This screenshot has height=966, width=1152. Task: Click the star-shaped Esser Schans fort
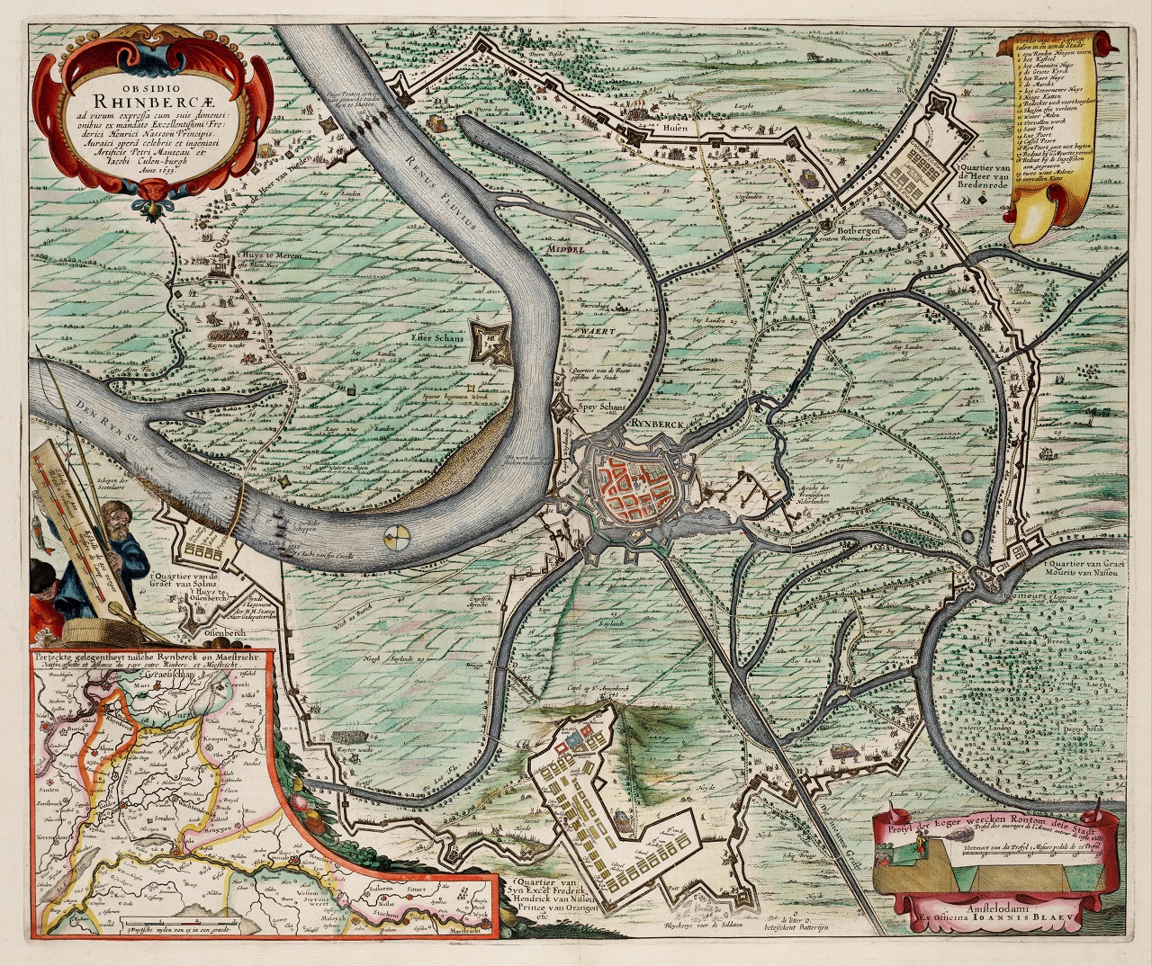tap(490, 340)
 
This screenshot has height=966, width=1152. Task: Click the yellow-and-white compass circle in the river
tap(394, 539)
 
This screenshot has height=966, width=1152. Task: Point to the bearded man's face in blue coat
tap(112, 517)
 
